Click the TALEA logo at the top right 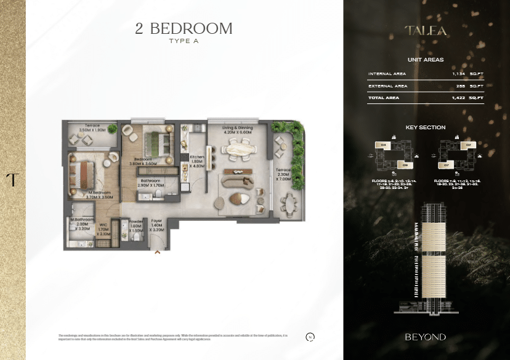pos(426,30)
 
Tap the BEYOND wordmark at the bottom pos(426,337)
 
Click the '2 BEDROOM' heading pos(184,28)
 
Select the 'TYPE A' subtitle pos(184,41)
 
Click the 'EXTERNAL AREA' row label pos(388,86)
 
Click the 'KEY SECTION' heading pos(426,127)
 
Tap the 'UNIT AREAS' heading pos(426,60)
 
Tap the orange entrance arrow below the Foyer pos(158,251)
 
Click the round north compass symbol pos(310,337)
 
